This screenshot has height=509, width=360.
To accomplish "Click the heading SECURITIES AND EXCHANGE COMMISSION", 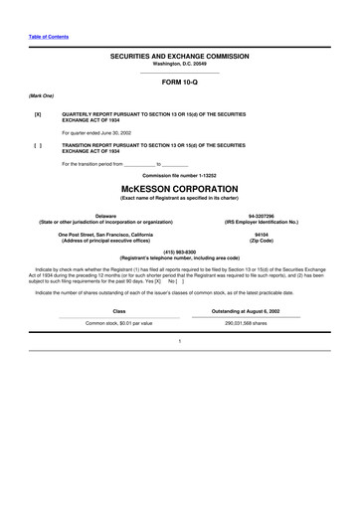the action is pos(180,58).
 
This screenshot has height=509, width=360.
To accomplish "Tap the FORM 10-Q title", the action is pos(180,83).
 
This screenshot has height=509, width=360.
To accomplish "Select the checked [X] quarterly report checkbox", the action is pos(38,114).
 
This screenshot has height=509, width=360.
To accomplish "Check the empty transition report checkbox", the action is pos(38,145).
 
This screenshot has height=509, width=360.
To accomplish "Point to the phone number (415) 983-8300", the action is pos(180,252).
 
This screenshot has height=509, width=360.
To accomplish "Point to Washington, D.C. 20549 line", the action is pos(180,65).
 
